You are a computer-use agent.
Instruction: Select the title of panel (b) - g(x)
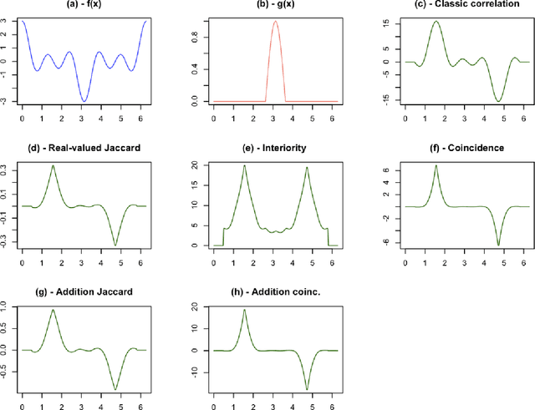point(275,6)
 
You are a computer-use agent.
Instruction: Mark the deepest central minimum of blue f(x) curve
point(84,101)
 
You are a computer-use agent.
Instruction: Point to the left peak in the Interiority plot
point(244,165)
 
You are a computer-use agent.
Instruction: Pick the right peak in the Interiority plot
point(307,167)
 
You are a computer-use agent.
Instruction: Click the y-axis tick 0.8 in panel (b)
point(198,35)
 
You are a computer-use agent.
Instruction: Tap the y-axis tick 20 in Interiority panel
point(198,166)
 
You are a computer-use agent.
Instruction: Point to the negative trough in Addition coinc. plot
point(307,388)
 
